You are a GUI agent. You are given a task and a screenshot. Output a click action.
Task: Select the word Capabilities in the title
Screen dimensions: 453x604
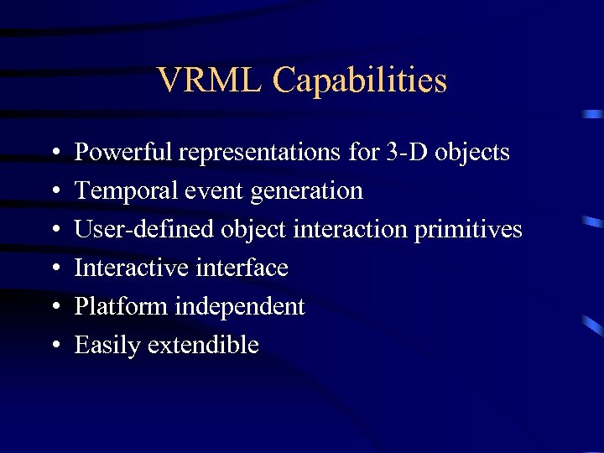(360, 81)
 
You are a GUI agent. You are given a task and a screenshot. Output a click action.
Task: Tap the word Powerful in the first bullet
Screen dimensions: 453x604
(123, 153)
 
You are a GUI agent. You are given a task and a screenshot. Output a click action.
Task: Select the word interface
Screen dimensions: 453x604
(242, 268)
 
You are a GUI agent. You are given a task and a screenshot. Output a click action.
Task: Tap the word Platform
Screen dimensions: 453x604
(121, 307)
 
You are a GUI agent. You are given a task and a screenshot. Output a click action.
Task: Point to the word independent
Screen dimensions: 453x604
(239, 307)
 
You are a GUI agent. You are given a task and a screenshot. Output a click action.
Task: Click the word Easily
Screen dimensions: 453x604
(107, 346)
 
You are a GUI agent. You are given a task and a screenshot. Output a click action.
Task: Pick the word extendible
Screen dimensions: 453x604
(202, 346)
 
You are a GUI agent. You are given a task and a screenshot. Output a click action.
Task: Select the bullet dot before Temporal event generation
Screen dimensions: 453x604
(54, 192)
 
